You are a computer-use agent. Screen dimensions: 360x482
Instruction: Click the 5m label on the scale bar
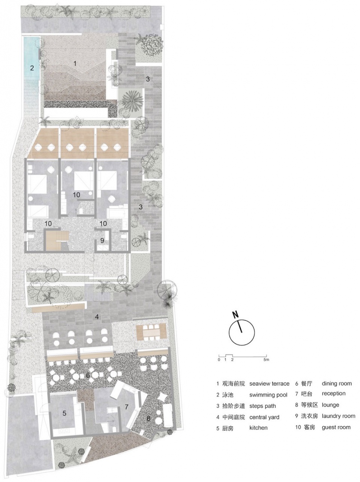[266, 360]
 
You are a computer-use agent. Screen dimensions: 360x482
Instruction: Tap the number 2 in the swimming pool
[32, 68]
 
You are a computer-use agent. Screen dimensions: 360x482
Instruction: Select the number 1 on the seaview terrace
[75, 63]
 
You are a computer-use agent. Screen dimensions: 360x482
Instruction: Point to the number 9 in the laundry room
[102, 241]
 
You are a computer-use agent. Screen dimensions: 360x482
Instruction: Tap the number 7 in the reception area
[126, 407]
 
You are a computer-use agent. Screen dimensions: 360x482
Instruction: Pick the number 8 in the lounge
[148, 418]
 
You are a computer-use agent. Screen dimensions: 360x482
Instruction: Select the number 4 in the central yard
[97, 317]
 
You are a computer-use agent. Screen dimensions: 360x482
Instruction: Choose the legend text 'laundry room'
[338, 416]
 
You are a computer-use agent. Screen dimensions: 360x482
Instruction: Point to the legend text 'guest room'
[336, 427]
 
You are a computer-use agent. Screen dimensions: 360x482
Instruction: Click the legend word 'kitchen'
[258, 428]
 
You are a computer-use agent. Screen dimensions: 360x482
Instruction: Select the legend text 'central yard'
[264, 417]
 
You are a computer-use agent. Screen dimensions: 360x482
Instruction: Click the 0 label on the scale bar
[219, 360]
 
